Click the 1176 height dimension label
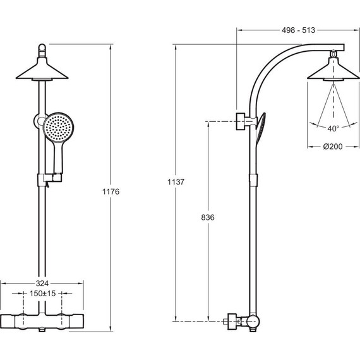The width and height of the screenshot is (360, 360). click(x=111, y=191)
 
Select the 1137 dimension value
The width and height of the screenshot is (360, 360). click(x=176, y=182)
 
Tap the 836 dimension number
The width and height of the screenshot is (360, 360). click(x=208, y=217)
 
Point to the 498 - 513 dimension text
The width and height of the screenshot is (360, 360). click(x=299, y=30)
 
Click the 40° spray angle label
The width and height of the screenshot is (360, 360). click(x=333, y=129)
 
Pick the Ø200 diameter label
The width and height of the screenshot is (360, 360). click(x=333, y=147)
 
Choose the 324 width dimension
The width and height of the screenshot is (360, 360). click(x=42, y=284)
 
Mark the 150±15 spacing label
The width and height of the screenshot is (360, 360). click(x=43, y=294)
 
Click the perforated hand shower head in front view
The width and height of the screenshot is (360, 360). click(x=58, y=127)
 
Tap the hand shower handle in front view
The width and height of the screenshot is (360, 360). click(x=58, y=158)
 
